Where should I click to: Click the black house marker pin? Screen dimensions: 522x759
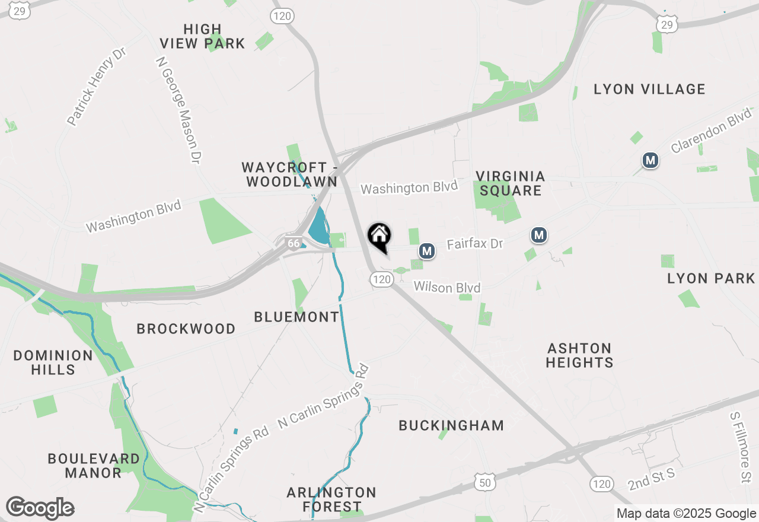tap(379, 237)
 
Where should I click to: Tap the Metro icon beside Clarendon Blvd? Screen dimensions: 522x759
tap(650, 160)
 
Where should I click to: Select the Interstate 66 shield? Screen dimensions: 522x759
tap(293, 243)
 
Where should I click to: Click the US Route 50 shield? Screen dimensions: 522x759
tap(485, 483)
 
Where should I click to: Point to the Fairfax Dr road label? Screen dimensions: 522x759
tap(474, 244)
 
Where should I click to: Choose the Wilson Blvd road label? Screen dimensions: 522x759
tap(447, 287)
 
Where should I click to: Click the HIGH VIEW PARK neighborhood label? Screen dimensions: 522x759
tap(202, 36)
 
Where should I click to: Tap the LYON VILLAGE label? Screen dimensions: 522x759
tap(649, 90)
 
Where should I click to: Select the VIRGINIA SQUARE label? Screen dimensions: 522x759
tap(511, 183)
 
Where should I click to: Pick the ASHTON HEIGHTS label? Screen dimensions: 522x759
tap(579, 355)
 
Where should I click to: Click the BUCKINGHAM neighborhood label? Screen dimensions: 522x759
tap(451, 425)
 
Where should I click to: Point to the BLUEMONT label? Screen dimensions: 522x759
tap(296, 317)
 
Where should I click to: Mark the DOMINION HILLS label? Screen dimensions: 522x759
tap(53, 362)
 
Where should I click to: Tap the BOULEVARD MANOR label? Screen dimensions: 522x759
tap(94, 466)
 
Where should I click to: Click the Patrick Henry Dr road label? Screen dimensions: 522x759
tap(97, 87)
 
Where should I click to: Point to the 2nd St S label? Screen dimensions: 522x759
tap(651, 479)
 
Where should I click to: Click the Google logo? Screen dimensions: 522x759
tap(40, 508)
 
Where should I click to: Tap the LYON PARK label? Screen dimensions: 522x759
tap(711, 278)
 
